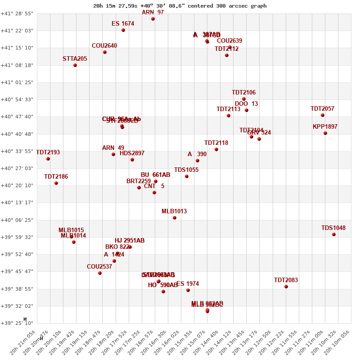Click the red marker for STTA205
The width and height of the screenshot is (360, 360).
coord(75,65)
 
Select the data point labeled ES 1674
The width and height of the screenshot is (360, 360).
coord(123,30)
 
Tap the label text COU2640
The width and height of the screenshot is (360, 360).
coord(104,45)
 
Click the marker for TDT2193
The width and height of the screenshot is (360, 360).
coord(48,159)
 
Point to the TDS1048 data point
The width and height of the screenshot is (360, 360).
coord(334,234)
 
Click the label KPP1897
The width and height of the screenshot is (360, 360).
coord(325,126)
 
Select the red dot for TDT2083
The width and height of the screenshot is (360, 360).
coord(286,287)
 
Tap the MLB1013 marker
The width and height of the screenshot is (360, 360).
coord(175,218)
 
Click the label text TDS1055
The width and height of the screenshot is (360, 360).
coord(186,170)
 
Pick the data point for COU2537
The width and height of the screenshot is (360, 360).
coord(100,273)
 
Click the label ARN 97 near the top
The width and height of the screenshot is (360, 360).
coord(153,12)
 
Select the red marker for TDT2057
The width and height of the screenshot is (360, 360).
coord(323,115)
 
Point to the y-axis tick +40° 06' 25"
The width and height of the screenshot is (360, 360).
coord(17,220)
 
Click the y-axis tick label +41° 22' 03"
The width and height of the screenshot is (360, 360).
coord(17,31)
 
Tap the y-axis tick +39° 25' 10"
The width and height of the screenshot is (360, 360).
coord(17,323)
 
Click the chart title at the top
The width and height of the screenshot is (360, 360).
coord(180,6)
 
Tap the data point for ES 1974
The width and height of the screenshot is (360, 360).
coord(188,290)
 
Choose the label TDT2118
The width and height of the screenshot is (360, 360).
coord(216,143)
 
